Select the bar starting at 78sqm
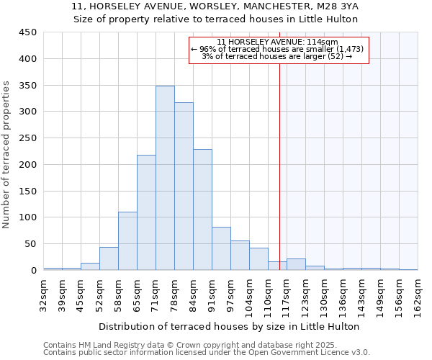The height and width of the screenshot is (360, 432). pos(184,186)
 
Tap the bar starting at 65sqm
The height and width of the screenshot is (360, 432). pos(146,212)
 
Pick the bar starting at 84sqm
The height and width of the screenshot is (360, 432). pos(202,210)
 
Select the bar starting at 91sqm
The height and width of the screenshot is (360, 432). pos(221,248)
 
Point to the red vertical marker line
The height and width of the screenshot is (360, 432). pos(279,158)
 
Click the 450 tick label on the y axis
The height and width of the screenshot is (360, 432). pos(27,32)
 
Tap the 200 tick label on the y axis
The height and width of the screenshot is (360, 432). pos(27,165)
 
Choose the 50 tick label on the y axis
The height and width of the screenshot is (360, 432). pos(30,244)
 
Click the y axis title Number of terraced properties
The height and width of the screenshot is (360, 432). pos(7,155)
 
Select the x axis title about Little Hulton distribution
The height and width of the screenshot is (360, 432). pos(229,326)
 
